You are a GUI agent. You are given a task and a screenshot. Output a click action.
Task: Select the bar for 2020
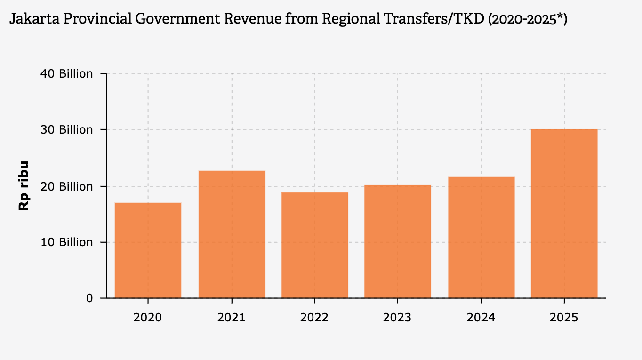point(148,250)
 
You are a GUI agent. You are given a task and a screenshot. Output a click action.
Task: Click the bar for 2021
point(232,234)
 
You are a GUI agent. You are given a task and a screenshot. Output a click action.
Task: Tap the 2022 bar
point(314,245)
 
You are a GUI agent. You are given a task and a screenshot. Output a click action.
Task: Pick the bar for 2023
point(397,241)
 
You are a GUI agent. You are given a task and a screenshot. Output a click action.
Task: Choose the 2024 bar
point(481,237)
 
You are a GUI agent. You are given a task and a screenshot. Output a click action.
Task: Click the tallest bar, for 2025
point(564,214)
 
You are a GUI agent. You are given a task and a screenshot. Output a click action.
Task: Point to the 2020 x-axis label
point(148,317)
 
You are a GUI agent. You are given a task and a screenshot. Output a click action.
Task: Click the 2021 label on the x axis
point(232,317)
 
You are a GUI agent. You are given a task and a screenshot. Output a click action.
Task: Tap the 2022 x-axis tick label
point(314,317)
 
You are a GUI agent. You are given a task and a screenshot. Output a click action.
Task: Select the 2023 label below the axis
point(397,317)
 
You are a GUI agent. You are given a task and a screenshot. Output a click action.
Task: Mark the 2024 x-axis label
point(481,317)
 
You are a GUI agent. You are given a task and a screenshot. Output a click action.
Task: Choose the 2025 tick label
point(564,317)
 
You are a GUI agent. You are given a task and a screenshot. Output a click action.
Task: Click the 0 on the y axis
point(89,298)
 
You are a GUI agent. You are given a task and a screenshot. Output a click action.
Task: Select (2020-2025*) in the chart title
point(527,20)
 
